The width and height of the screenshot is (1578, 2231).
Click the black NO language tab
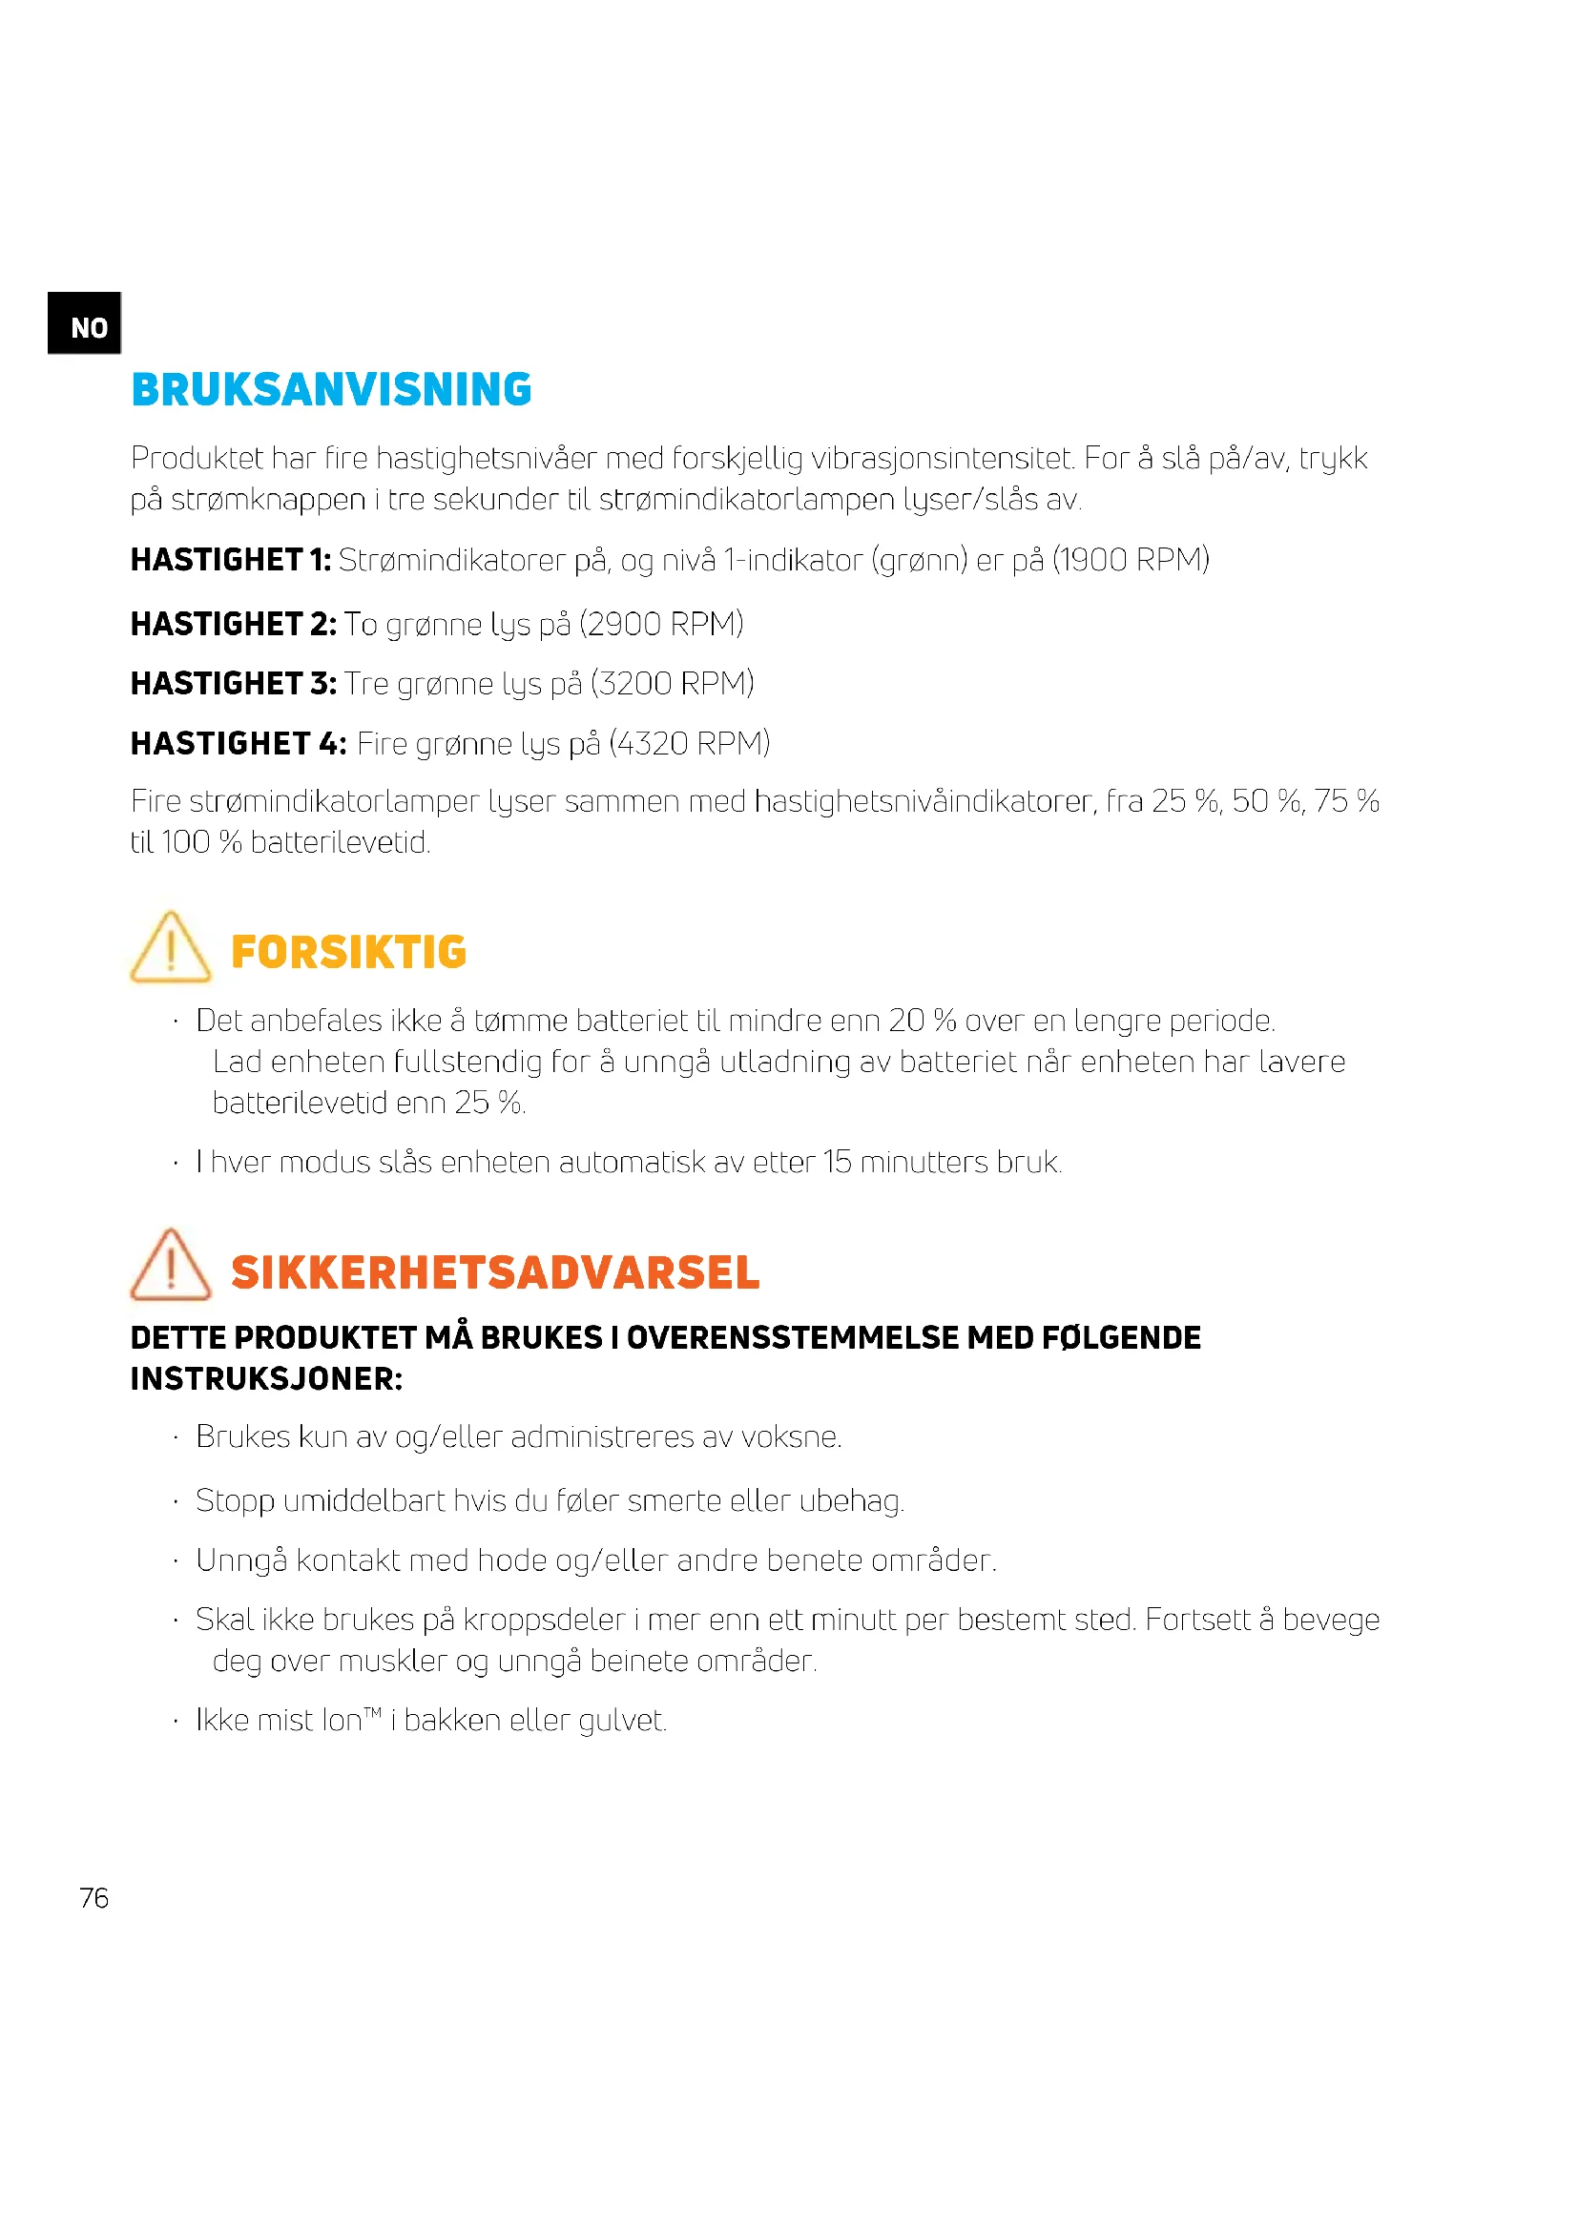[85, 323]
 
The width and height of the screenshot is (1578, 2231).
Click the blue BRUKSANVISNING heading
[331, 390]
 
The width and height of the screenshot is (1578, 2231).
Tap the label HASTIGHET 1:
[230, 560]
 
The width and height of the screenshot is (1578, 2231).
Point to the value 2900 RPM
[662, 624]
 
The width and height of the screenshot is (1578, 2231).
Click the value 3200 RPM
[673, 684]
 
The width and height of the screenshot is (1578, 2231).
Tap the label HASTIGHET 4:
[239, 743]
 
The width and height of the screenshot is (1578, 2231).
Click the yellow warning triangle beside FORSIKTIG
[170, 947]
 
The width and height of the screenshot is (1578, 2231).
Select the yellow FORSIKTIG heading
[349, 952]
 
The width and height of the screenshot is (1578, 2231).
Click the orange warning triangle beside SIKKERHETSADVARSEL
[170, 1265]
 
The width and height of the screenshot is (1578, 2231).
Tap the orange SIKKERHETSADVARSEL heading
[495, 1273]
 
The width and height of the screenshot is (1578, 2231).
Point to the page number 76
[94, 1898]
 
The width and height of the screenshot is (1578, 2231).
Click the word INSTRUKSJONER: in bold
[266, 1379]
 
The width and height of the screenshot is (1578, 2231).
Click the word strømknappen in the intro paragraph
[268, 500]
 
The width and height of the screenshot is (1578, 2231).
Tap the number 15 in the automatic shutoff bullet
[837, 1162]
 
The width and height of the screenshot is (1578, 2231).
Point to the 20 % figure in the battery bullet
[923, 1021]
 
